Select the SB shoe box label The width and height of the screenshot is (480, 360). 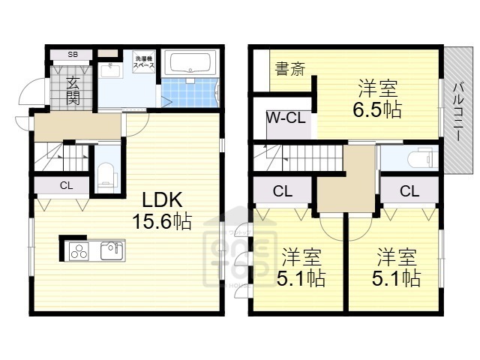coord(73,54)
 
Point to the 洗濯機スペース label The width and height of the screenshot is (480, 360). coord(145,62)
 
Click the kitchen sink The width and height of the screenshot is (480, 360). coord(111,249)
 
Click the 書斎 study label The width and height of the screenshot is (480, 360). coord(289,70)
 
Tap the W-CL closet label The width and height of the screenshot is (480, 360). coord(284,118)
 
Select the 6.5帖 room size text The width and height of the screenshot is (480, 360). coord(377,109)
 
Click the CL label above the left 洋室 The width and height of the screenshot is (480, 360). coord(282,191)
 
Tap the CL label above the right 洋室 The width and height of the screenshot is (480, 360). coord(409,191)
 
